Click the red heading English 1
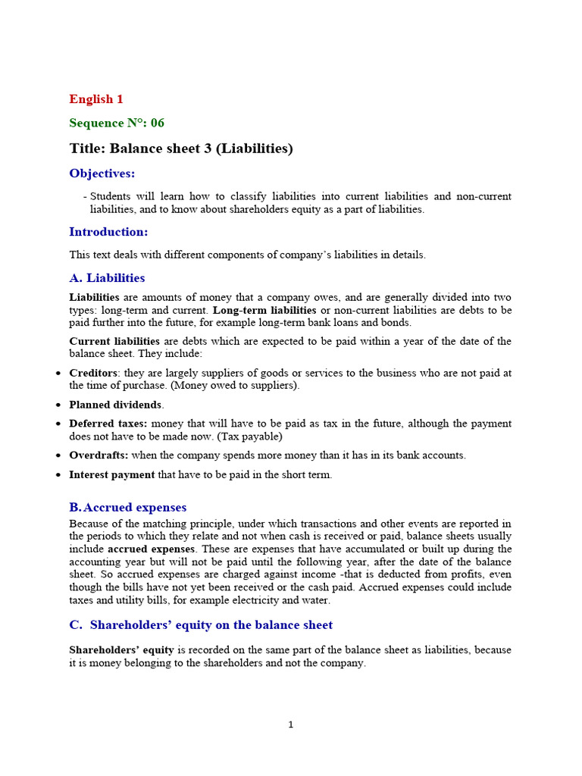96,99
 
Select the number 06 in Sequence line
157,123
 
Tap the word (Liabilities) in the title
254,149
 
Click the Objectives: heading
102,174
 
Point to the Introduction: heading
108,232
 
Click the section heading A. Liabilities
107,278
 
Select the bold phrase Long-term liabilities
264,310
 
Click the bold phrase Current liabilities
114,341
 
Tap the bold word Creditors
94,373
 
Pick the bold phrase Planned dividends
116,405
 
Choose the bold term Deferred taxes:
108,424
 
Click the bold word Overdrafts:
99,455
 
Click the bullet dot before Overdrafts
59,456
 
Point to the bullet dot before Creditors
59,374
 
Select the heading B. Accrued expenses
128,508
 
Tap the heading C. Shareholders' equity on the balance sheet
201,625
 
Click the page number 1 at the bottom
290,725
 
